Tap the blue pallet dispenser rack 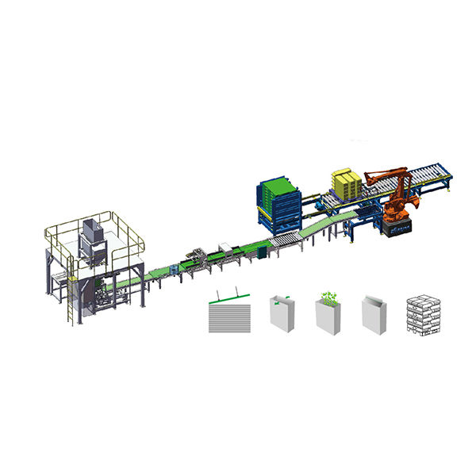coord(278,198)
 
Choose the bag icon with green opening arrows coord(281,313)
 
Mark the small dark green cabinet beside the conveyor coord(260,254)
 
